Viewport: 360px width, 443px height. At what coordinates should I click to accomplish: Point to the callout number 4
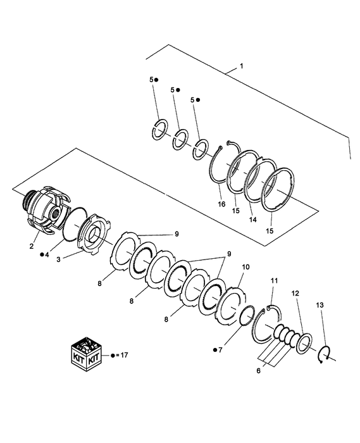(x=46, y=254)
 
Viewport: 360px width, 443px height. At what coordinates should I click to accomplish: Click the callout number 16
(x=221, y=204)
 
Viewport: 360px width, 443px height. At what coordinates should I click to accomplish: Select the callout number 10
(x=245, y=268)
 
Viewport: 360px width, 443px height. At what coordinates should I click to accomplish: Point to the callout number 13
(x=319, y=306)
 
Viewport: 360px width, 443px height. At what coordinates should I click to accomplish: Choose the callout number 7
(x=221, y=348)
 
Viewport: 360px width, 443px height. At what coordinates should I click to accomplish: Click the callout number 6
(x=258, y=371)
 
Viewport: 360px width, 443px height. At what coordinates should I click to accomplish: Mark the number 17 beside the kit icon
(x=123, y=355)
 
